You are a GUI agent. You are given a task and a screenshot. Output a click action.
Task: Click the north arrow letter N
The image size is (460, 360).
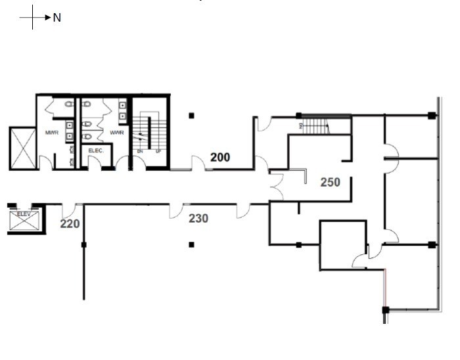point(57,18)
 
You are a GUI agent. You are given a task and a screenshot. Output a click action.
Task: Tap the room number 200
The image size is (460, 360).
point(220,157)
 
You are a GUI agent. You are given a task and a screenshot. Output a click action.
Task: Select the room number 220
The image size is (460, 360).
point(70,224)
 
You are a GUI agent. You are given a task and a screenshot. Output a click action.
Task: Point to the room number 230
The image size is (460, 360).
point(198,218)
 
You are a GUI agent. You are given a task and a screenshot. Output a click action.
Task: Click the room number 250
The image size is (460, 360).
point(330,182)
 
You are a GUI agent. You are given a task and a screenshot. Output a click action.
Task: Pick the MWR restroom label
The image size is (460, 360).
point(53,133)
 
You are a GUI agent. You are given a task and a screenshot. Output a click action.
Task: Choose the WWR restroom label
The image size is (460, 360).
point(117,133)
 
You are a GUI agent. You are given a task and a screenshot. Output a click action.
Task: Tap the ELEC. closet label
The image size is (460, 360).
point(96,150)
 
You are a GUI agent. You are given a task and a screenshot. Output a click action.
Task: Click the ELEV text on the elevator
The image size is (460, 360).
point(24,214)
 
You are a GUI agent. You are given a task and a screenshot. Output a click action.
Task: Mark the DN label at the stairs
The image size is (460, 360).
point(140,151)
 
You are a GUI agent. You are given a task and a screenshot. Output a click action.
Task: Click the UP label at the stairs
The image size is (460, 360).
point(158,151)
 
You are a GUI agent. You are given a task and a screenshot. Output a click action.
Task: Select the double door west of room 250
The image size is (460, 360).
point(276,187)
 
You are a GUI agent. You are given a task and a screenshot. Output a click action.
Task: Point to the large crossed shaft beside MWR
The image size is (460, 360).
point(22,148)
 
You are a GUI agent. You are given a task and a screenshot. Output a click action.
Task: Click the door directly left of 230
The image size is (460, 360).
point(175,210)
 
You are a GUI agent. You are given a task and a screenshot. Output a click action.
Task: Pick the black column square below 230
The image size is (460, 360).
point(191,244)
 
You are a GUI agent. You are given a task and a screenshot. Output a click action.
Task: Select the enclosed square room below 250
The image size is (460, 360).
point(342,244)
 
